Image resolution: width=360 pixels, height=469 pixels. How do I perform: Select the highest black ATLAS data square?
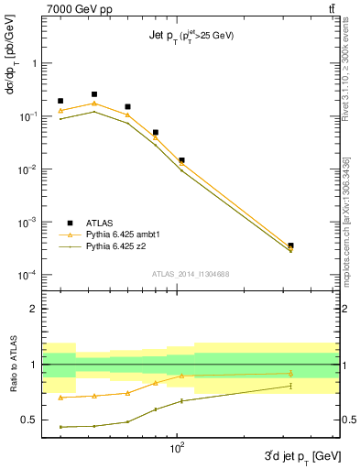[x=94, y=94]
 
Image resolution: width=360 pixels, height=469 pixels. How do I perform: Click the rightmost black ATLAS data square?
[x=290, y=245]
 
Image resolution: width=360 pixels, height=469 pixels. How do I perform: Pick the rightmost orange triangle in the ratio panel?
[x=290, y=373]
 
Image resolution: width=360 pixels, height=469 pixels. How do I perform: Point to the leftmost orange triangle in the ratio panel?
[x=60, y=398]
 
